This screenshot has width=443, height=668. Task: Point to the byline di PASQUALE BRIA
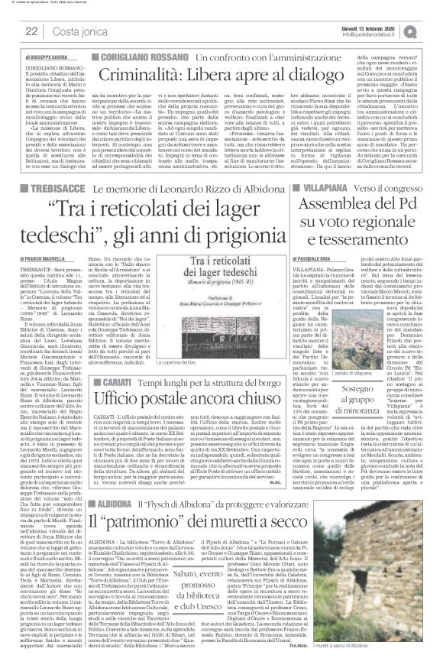coord(339,260)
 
